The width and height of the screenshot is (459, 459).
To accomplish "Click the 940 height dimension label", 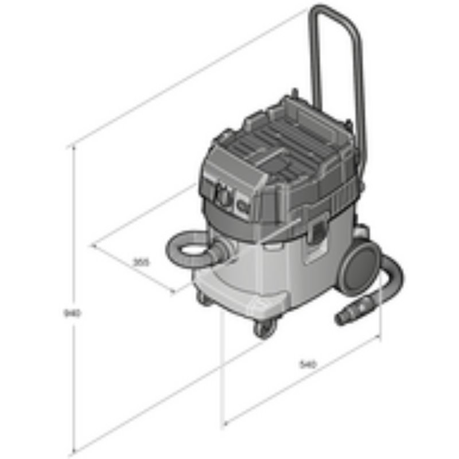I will click(72, 313).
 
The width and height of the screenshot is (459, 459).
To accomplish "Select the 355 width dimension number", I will click(141, 262).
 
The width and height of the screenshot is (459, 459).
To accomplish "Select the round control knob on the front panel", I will click(223, 197).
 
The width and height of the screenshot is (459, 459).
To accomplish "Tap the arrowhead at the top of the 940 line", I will click(73, 149).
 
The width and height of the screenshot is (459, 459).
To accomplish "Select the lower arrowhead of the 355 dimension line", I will click(174, 291).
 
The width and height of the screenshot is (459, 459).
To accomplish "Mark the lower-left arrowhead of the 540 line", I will click(225, 423).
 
